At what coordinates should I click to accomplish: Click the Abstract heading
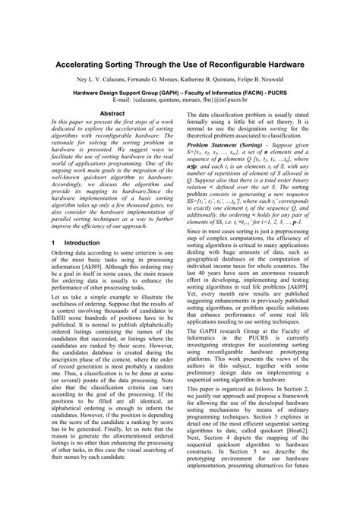[112, 112]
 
